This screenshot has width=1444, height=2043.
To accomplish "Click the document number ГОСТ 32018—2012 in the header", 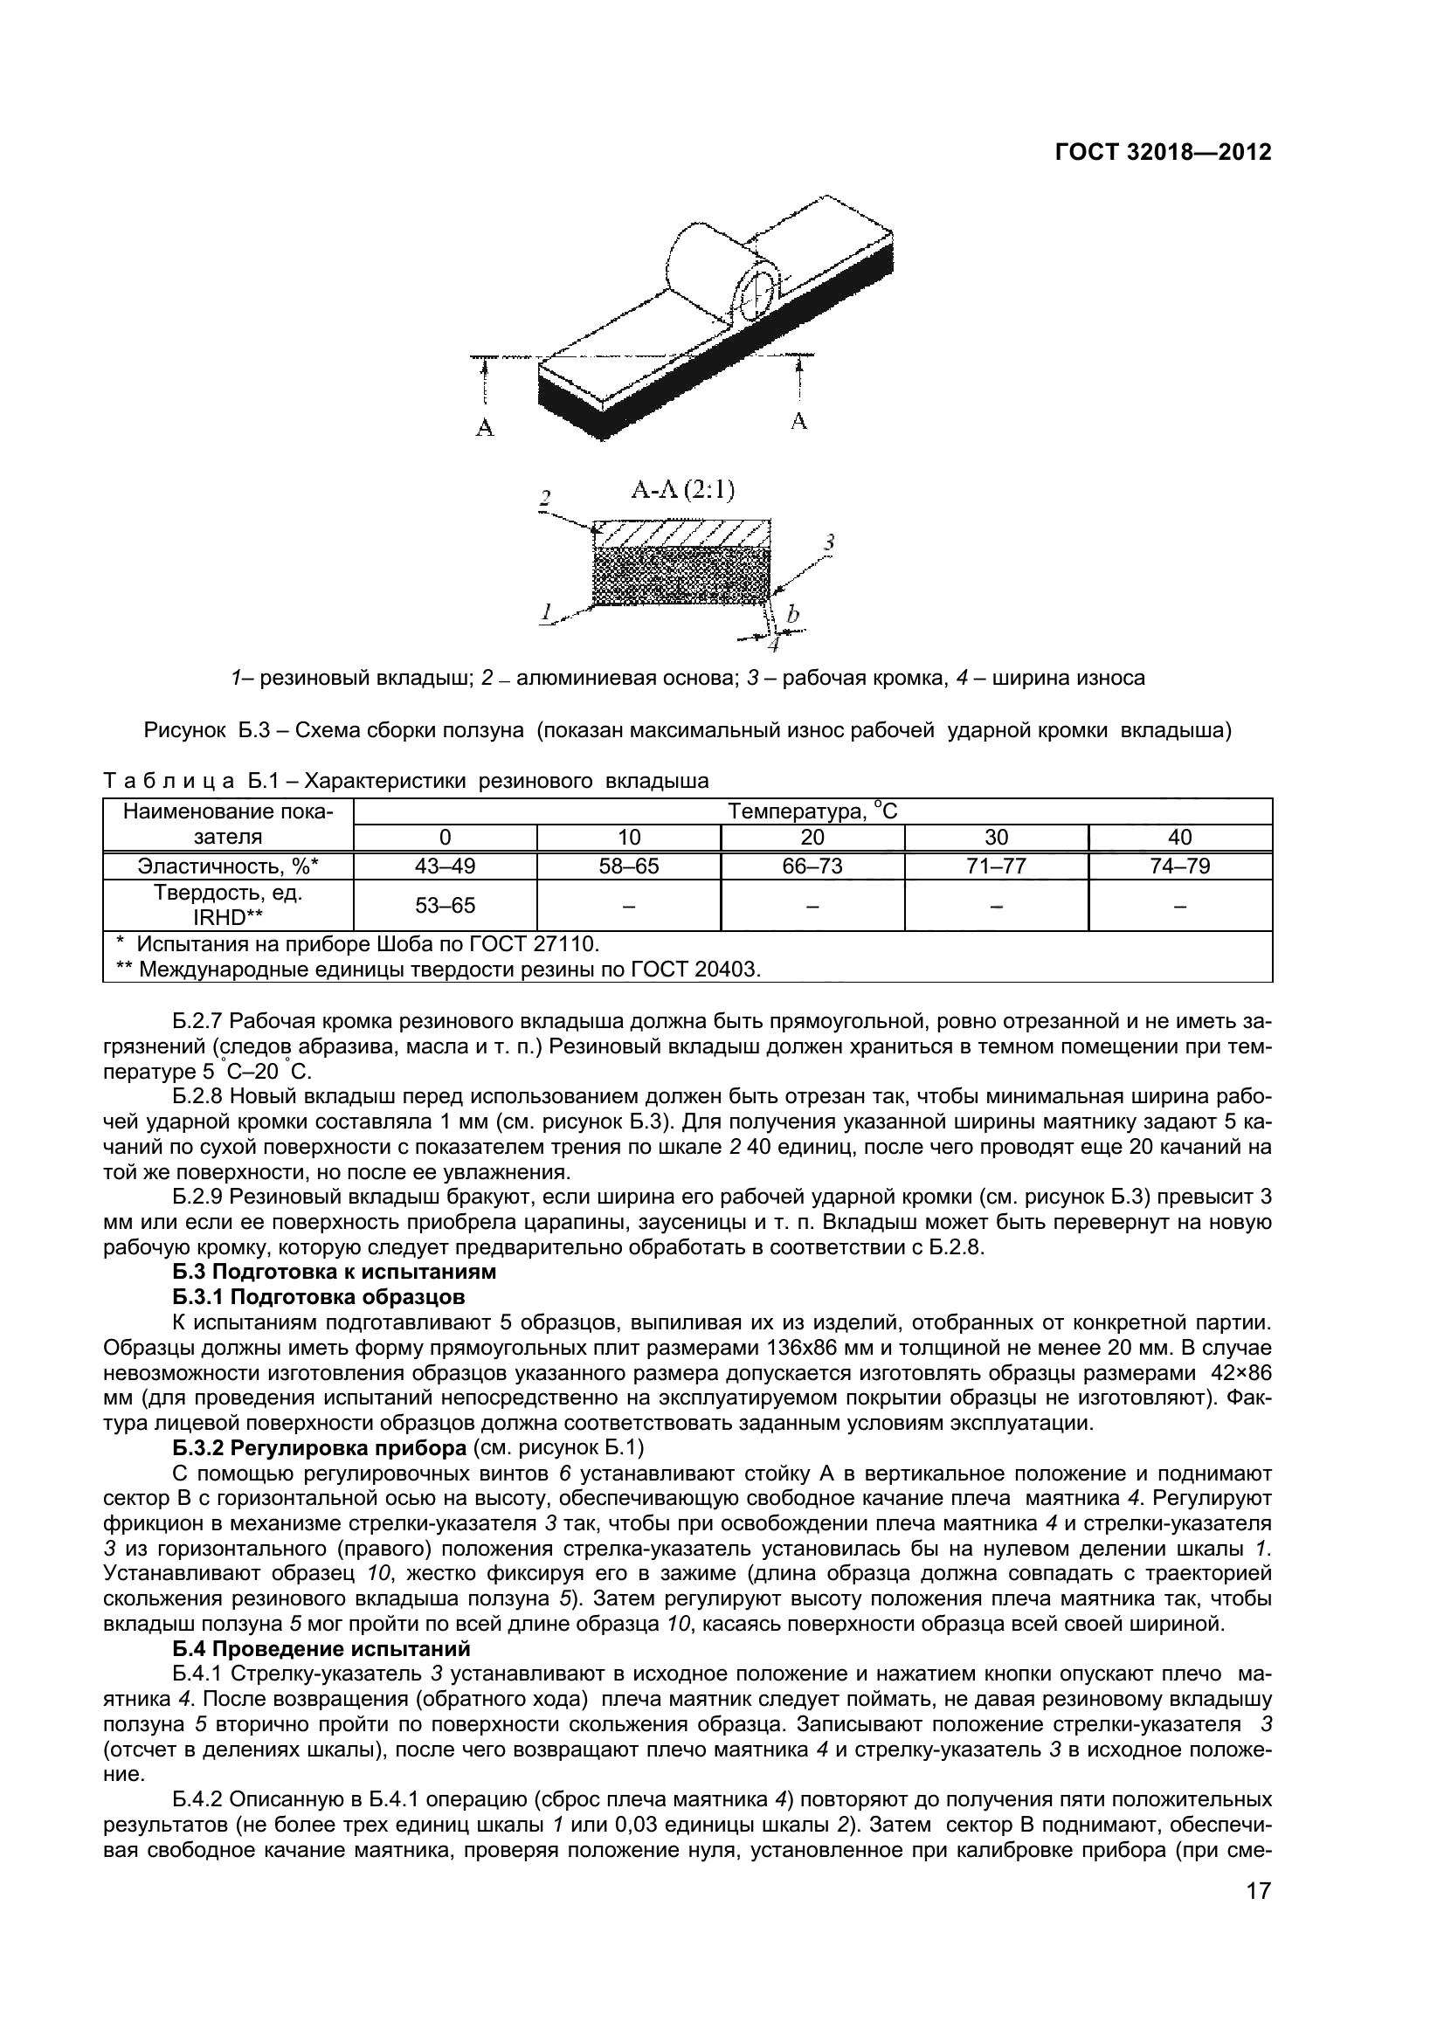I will (1163, 152).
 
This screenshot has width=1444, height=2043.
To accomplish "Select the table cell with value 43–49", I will (445, 866).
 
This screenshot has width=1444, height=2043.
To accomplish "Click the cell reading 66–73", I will (812, 866).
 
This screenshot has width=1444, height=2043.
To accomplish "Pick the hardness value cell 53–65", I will (445, 906).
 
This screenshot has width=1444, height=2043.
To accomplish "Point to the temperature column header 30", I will (996, 838).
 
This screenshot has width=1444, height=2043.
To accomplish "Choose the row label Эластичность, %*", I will (228, 866).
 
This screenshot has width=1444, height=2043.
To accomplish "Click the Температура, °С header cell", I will (812, 811).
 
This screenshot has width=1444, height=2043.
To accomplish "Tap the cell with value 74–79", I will (1180, 866).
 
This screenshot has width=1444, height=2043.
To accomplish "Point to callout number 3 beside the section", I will (828, 541).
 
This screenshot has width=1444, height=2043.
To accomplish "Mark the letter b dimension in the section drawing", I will (792, 614).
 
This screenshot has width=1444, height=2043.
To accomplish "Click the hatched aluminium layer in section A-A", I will (681, 534).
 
